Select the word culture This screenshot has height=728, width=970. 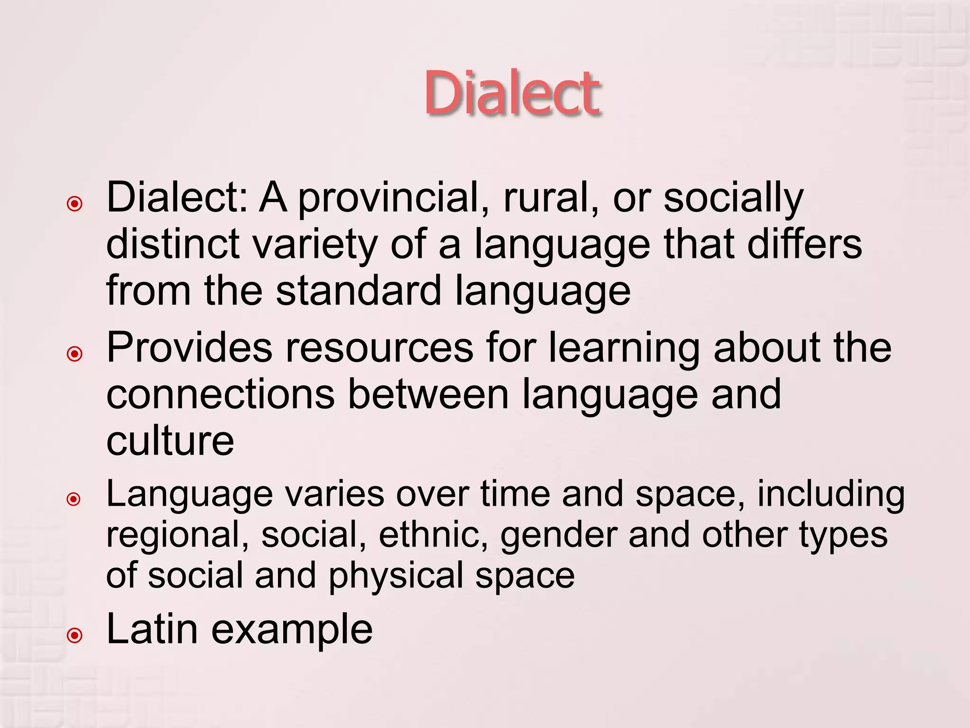[x=170, y=440]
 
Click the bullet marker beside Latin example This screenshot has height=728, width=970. [x=75, y=636]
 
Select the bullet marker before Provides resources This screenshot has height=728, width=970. [x=75, y=354]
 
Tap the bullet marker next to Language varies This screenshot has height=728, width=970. [x=74, y=499]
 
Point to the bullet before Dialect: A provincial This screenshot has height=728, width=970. [x=75, y=204]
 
